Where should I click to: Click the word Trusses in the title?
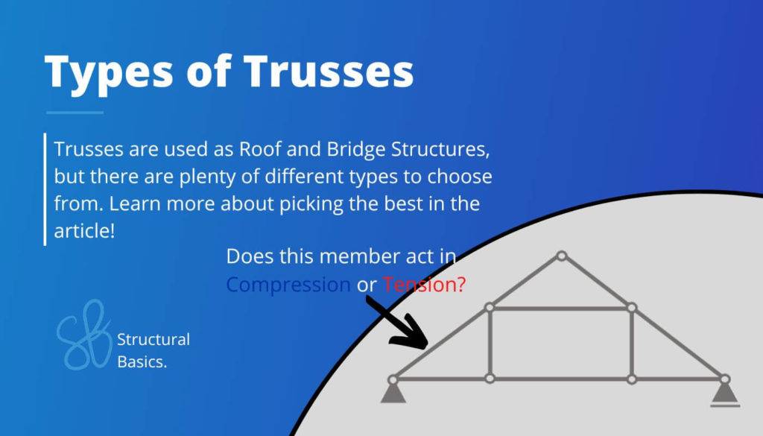pyautogui.click(x=329, y=72)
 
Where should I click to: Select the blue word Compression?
pyautogui.click(x=288, y=284)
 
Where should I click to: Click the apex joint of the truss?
pyautogui.click(x=562, y=256)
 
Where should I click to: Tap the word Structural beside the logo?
pyautogui.click(x=153, y=340)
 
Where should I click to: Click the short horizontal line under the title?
pyautogui.click(x=75, y=113)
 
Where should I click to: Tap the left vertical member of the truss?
pyautogui.click(x=490, y=343)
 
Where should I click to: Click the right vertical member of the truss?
pyautogui.click(x=631, y=343)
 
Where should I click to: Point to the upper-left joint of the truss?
pyautogui.click(x=490, y=307)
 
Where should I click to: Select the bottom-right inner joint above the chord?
pyautogui.click(x=631, y=379)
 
